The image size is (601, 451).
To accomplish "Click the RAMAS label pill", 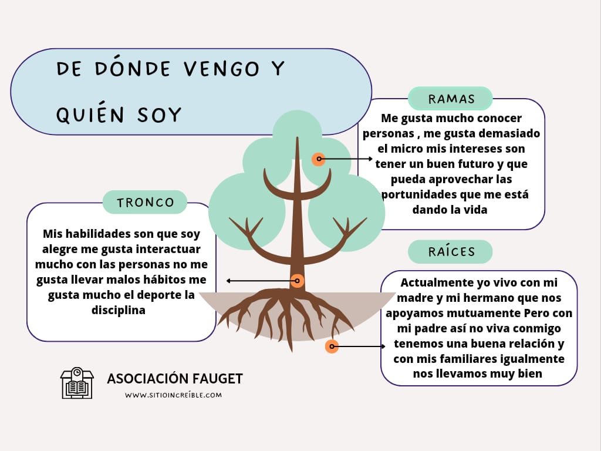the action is coord(450,99).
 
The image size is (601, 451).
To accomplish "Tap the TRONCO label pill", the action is coord(145,202).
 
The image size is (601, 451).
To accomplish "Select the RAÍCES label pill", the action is coord(450,251).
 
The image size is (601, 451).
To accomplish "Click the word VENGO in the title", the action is coord(221,69).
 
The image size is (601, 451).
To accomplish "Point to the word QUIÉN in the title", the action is coord(90,114).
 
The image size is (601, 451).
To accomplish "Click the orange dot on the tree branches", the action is coord(319,159).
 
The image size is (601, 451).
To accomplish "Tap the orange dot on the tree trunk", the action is coord(297,281).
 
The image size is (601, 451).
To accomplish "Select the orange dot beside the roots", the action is coord(332,346).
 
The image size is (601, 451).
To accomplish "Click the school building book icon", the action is coord(77,383).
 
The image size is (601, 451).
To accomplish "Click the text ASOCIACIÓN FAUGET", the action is coord(175,379).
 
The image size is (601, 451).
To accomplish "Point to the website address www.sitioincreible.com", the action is coord(173,395).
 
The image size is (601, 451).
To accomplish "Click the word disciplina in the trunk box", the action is coord(119,310).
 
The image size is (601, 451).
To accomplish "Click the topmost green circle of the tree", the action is coord(297,134).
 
